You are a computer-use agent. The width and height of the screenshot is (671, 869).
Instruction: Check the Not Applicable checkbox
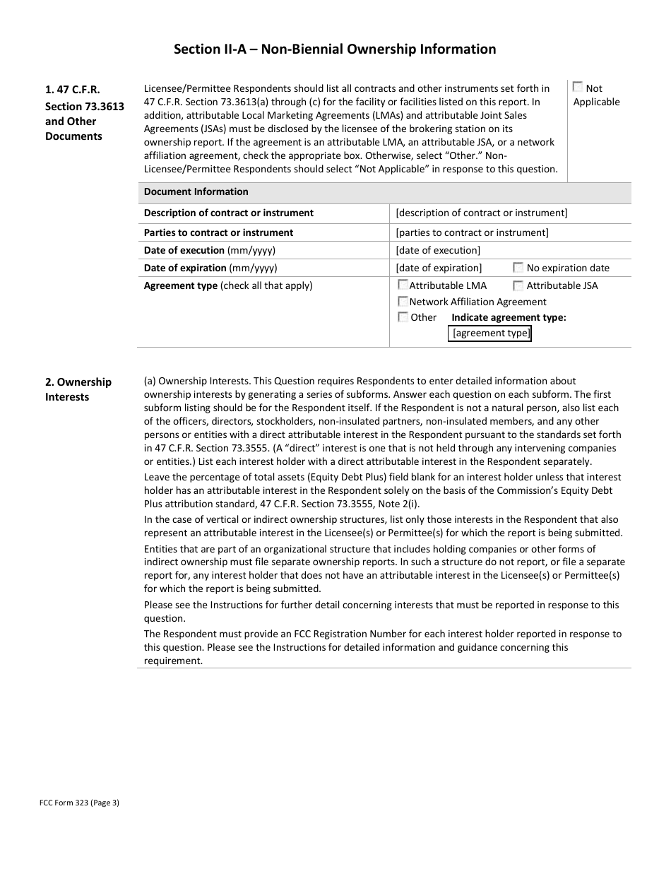tap(578, 87)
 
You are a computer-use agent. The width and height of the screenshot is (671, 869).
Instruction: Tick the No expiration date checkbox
tap(518, 267)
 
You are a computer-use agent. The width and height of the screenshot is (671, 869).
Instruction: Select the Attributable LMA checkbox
tap(403, 285)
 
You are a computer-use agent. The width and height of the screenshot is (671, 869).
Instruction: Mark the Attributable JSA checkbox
tap(518, 285)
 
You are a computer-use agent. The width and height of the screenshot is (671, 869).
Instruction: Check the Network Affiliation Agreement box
tap(403, 301)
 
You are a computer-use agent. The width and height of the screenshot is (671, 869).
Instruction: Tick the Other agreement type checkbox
tap(403, 317)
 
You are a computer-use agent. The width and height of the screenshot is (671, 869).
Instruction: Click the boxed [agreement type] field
tap(489, 333)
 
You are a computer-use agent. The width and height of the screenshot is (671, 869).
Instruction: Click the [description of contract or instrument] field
tap(481, 213)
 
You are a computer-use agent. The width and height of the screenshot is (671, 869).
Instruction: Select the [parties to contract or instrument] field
tap(472, 232)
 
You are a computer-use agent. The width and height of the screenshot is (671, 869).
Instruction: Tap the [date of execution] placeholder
tap(438, 250)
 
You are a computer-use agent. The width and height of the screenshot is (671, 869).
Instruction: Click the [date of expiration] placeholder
tap(439, 268)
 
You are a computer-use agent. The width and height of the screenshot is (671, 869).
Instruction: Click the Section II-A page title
tap(335, 49)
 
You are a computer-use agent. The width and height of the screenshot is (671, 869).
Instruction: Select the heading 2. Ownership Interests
tap(78, 389)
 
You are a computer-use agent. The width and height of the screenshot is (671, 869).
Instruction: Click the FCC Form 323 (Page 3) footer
tap(79, 802)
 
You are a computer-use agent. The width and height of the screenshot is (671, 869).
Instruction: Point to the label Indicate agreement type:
tap(509, 317)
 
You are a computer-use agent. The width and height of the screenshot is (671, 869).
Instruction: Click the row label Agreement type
tap(180, 285)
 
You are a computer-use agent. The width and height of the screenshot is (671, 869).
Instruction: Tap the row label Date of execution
tap(184, 250)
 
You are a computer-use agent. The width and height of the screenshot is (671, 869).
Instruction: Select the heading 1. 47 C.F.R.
tap(72, 90)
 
